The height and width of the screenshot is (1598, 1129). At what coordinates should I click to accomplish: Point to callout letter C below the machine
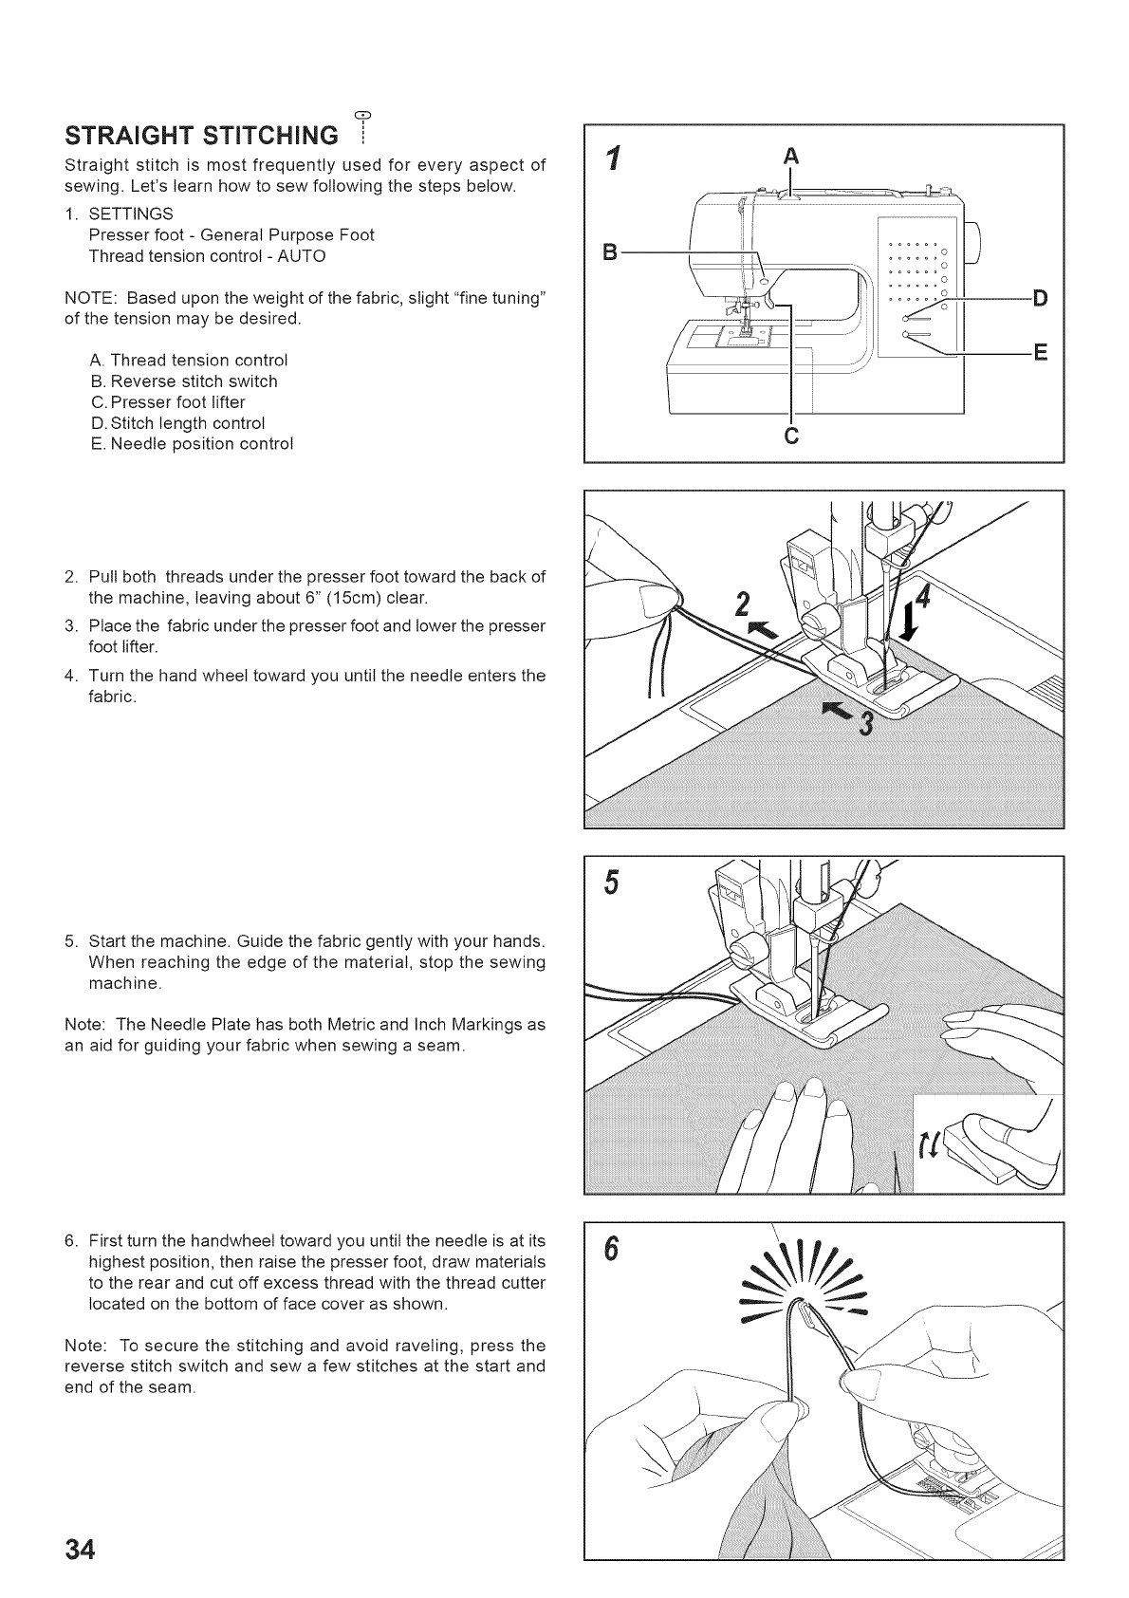pos(791,437)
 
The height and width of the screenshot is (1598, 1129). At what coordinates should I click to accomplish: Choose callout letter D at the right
pos(1039,299)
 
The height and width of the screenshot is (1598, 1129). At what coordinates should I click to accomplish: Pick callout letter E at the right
pos(1039,354)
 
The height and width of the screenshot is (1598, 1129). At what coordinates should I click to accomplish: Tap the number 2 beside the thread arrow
pos(744,604)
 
